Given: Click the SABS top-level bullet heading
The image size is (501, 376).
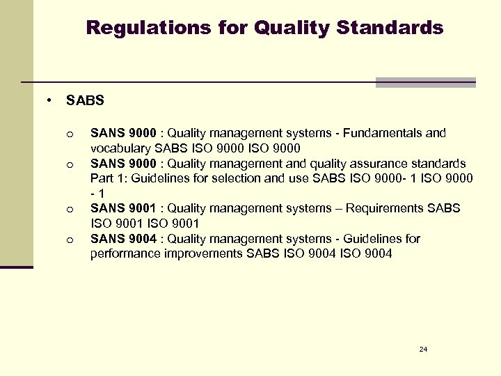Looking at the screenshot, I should coord(85,100).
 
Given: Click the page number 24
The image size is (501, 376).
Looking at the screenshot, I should coord(423,348).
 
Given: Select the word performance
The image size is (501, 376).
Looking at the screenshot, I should coord(125,253).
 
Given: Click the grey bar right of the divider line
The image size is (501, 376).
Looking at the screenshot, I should coord(425,82).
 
